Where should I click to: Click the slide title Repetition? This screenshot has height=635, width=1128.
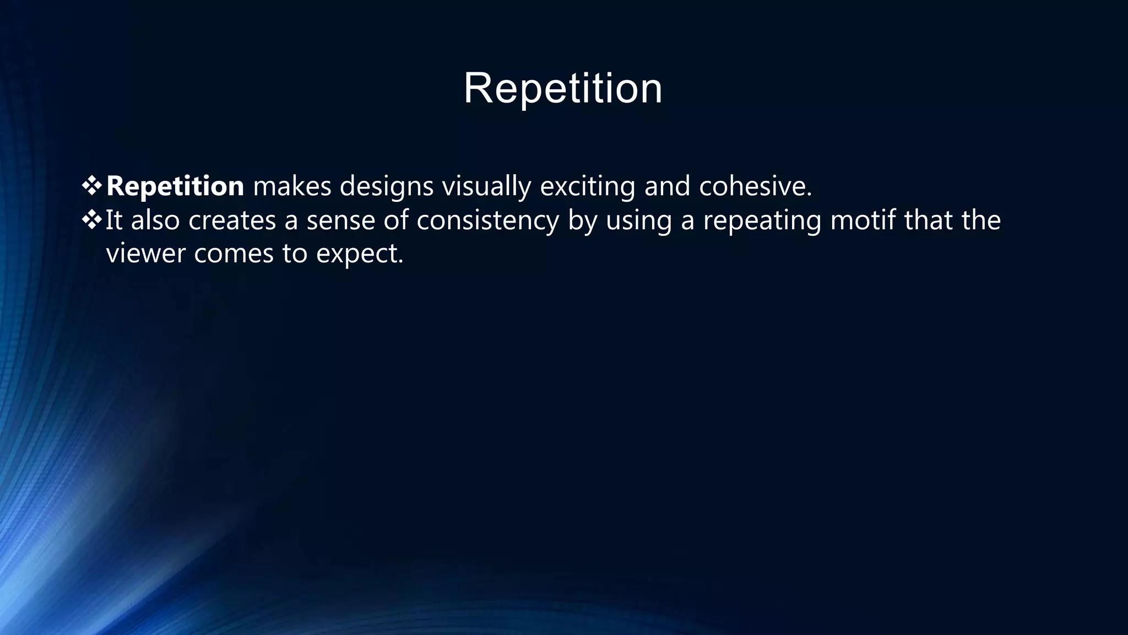click(563, 88)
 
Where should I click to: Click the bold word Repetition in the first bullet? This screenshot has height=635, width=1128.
click(175, 186)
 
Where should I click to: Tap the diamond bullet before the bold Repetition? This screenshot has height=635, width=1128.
click(91, 186)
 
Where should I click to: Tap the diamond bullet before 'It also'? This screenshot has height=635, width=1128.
click(91, 220)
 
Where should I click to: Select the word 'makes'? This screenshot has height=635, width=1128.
click(292, 186)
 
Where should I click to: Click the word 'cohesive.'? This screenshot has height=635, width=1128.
click(756, 186)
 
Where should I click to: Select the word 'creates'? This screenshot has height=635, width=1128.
click(232, 220)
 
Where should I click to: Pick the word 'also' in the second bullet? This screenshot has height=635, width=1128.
click(155, 220)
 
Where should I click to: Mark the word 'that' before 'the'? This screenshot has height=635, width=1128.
click(928, 220)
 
